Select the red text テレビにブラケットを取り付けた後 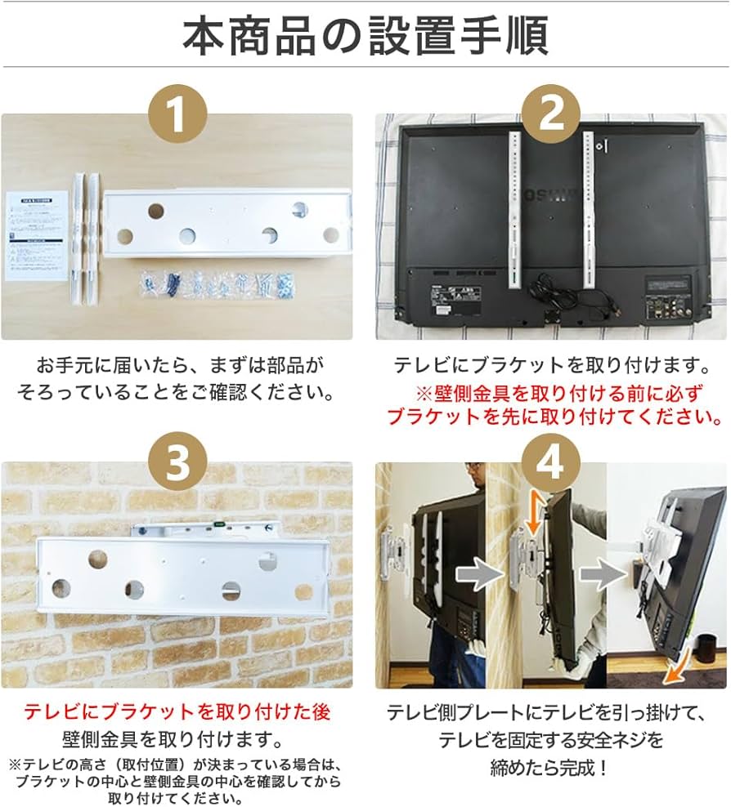177,712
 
